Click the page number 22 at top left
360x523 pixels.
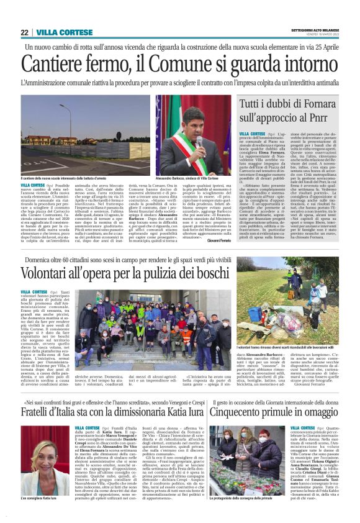pos(24,32)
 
